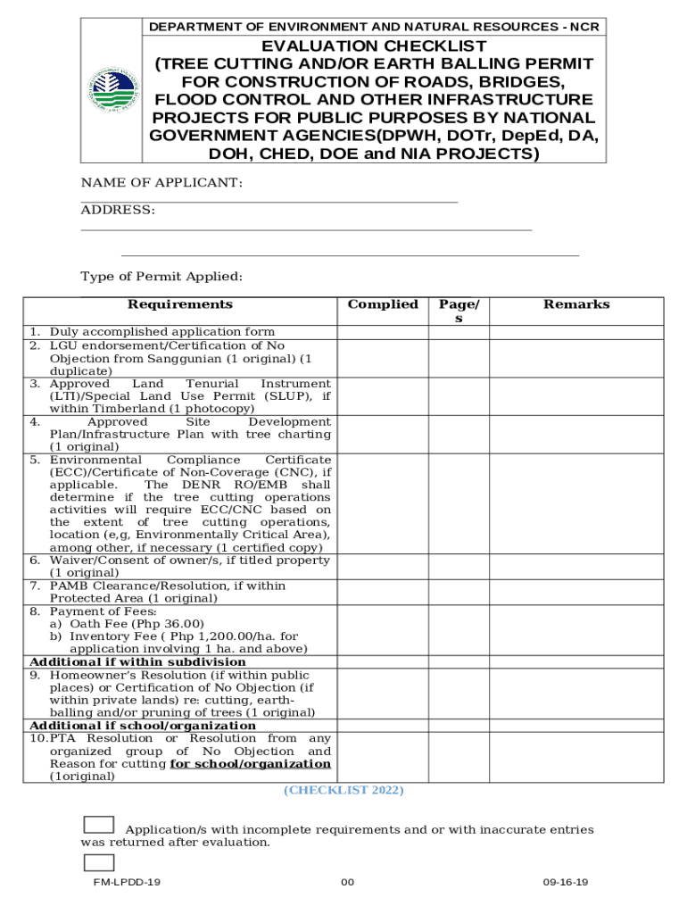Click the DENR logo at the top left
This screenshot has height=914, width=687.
113,89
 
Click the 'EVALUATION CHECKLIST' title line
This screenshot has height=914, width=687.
374,46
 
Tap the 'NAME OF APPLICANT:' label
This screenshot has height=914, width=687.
161,183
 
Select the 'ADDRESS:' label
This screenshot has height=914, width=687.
118,210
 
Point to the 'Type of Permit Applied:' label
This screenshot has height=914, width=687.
161,277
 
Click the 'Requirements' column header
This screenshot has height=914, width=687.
179,304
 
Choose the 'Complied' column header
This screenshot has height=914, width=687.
383,304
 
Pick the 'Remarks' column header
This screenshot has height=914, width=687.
576,304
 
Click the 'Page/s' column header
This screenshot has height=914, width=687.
459,311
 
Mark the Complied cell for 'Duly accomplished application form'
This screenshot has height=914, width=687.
383,332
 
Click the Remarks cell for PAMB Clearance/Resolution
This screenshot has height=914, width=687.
576,592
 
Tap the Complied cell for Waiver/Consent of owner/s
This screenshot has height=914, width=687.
383,567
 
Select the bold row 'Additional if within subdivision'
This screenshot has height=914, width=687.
137,661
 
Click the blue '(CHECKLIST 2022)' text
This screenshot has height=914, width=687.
343,790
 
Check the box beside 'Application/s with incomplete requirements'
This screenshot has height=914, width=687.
98,825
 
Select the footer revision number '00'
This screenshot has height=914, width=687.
347,883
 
